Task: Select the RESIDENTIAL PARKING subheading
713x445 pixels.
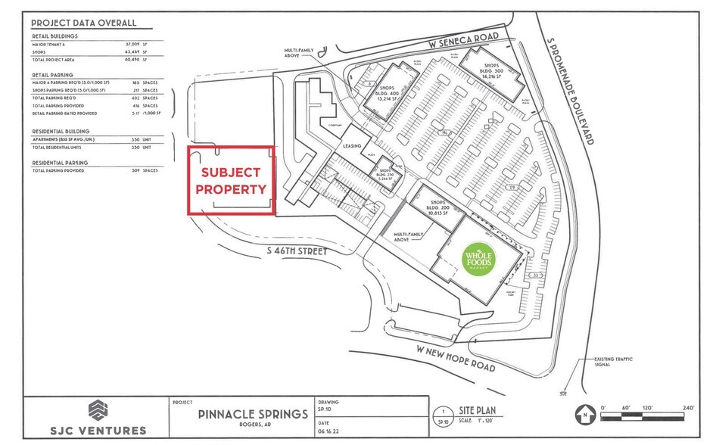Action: (x=60, y=163)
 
